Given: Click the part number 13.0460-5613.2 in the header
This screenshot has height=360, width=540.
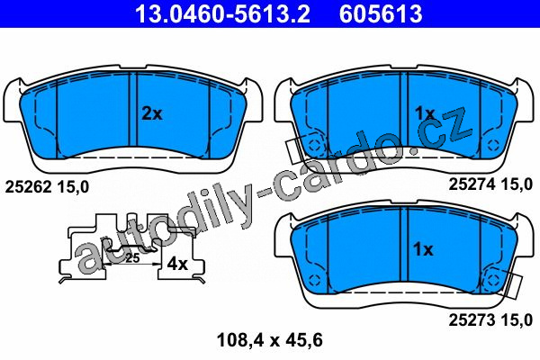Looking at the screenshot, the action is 222,14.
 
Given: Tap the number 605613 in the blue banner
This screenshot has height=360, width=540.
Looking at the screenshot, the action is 381,14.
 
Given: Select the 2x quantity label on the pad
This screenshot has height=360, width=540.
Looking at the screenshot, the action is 152,113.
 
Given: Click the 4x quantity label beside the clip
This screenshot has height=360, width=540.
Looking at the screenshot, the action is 177,264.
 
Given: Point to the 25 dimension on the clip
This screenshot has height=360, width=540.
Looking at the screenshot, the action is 132,257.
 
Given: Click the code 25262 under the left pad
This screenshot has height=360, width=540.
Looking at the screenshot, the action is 28,187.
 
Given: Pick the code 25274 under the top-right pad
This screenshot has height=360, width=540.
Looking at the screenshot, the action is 472,184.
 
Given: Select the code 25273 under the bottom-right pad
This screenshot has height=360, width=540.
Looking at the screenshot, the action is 472,320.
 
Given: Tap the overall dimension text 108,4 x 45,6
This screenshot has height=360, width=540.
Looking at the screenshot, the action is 270,340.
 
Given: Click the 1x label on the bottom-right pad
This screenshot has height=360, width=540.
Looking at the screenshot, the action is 423,249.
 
